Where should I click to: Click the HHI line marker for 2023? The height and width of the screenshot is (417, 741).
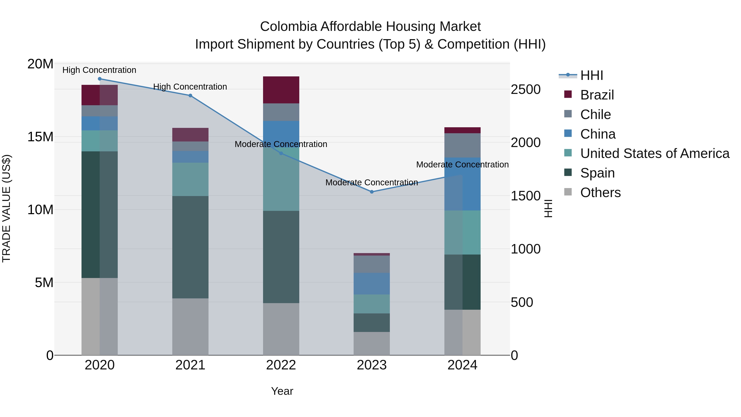(372, 192)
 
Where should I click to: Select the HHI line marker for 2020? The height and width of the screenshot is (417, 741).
(100, 79)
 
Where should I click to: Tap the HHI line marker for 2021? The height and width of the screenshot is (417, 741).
(190, 96)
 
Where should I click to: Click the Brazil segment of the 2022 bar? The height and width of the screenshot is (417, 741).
(281, 90)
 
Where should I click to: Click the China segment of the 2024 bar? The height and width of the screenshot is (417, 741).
(463, 184)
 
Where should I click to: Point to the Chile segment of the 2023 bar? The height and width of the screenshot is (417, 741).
(372, 264)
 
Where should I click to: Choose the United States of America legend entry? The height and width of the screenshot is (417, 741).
(654, 153)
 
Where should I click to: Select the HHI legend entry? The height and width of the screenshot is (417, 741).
(591, 75)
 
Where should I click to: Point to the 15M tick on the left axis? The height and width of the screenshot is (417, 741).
(40, 137)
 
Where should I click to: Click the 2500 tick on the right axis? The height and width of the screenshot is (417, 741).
(525, 90)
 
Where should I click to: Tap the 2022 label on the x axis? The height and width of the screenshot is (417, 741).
(281, 365)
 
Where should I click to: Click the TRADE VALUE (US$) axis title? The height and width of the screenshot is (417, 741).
(6, 208)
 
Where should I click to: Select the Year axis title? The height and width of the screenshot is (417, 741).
(282, 391)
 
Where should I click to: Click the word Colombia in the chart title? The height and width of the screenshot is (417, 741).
(289, 27)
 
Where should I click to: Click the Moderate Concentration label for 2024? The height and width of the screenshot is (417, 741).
(462, 165)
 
